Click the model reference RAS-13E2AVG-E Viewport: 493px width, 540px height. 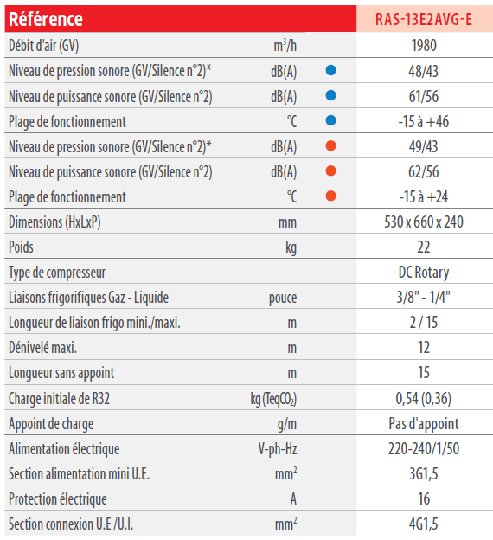pos(424,19)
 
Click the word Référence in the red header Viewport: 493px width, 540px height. pos(46,19)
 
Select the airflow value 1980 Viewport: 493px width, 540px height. pos(424,46)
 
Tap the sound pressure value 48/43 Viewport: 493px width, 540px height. pos(424,71)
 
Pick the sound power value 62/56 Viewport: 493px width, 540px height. pos(424,172)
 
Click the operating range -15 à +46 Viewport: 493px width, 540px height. pos(424,121)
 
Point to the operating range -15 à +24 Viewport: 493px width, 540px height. pos(424,197)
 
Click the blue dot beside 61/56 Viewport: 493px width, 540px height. pos(330,95)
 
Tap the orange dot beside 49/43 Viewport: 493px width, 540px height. pos(330,145)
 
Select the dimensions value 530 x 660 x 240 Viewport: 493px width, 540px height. pos(424,222)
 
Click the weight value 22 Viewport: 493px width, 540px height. pos(424,247)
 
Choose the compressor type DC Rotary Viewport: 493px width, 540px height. pos(424,273)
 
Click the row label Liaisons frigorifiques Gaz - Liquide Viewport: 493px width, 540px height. pos(88,298)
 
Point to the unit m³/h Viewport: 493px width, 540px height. pos(285,46)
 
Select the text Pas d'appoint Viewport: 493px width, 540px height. pos(424,424)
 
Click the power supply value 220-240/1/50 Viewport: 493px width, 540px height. pos(424,449)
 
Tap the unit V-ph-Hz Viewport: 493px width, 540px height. pos(278,449)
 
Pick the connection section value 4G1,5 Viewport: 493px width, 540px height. pos(424,524)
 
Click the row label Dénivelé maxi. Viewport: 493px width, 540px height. pos(42,348)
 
